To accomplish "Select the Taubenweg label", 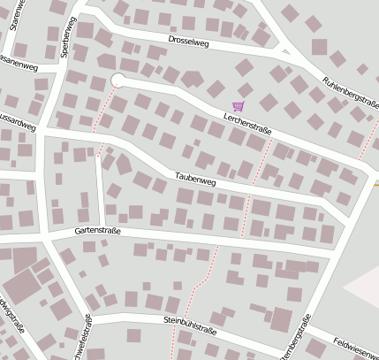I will [x=196, y=180].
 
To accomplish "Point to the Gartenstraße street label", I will [x=96, y=231].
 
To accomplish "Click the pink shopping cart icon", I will [x=238, y=105].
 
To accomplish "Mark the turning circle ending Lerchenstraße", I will [x=117, y=80].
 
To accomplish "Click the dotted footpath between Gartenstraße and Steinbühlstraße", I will [x=203, y=279].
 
